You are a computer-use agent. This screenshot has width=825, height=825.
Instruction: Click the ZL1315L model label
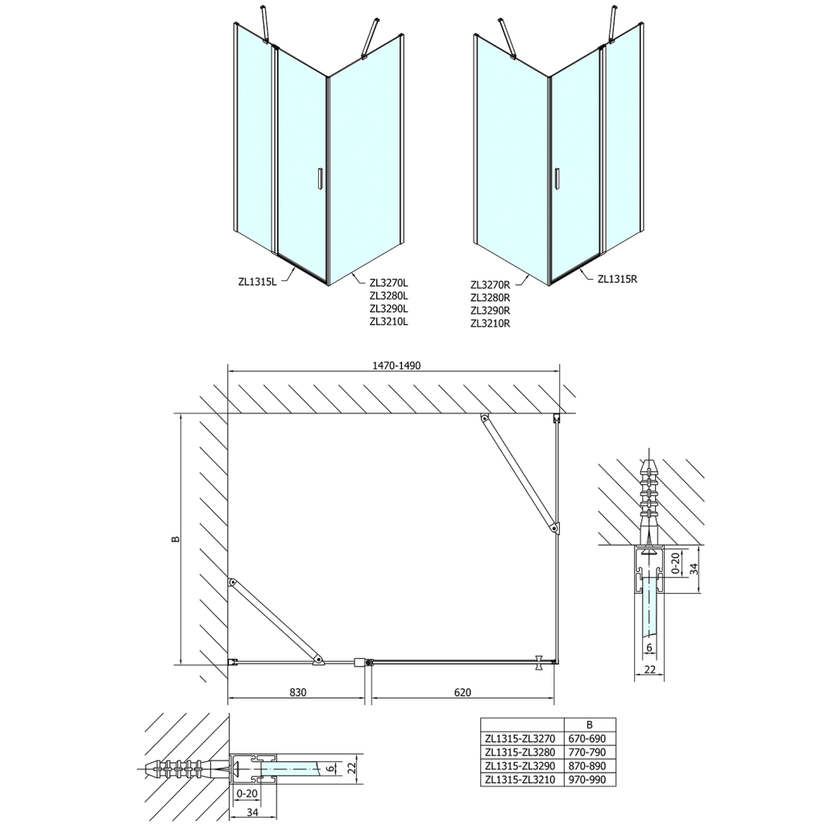(x=257, y=281)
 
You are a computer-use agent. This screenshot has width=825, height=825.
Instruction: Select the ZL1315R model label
(x=618, y=280)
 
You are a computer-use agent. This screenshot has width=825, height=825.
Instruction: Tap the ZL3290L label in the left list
(x=389, y=308)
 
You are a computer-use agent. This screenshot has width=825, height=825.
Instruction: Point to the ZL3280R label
(x=491, y=297)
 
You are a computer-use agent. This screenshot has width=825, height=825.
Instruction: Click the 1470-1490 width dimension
(x=396, y=365)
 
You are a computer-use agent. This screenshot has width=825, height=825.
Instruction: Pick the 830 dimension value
(x=298, y=691)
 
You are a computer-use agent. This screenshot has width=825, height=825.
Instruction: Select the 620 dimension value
(x=462, y=691)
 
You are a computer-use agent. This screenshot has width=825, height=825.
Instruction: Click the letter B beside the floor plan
(x=175, y=539)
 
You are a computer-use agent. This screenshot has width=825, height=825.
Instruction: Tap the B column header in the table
(x=589, y=724)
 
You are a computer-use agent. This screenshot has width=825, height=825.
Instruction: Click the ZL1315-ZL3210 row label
(x=521, y=779)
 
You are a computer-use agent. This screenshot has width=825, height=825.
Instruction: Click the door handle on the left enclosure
(x=321, y=178)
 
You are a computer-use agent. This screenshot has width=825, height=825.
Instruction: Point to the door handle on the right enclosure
(x=556, y=178)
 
